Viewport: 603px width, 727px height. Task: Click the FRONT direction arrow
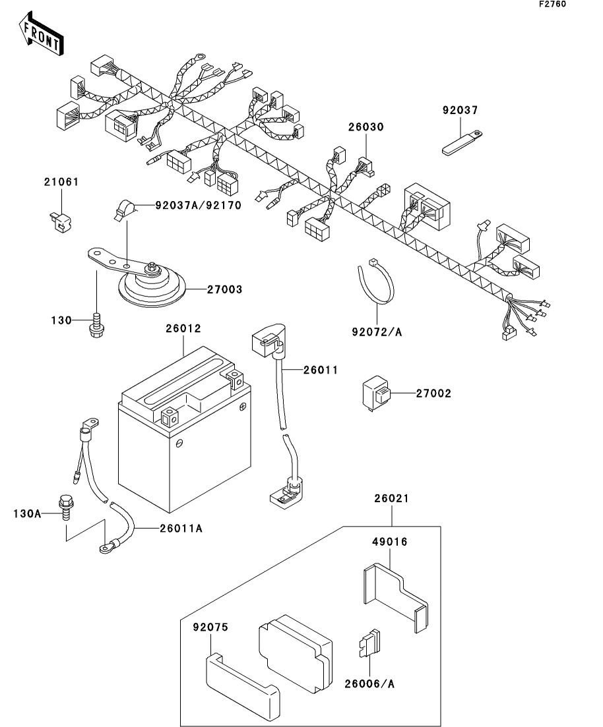click(x=41, y=34)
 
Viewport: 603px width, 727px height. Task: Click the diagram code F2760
click(x=552, y=4)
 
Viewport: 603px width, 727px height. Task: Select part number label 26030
click(x=366, y=127)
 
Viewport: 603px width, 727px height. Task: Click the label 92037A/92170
click(x=198, y=205)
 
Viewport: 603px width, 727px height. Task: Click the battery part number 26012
click(x=183, y=328)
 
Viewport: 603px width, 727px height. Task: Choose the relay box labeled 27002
click(x=377, y=395)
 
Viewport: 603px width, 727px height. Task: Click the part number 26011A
click(x=181, y=528)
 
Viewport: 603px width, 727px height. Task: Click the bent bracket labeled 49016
click(x=395, y=597)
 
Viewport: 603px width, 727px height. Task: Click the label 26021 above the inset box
click(x=392, y=498)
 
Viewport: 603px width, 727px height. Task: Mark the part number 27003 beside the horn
click(x=225, y=289)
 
